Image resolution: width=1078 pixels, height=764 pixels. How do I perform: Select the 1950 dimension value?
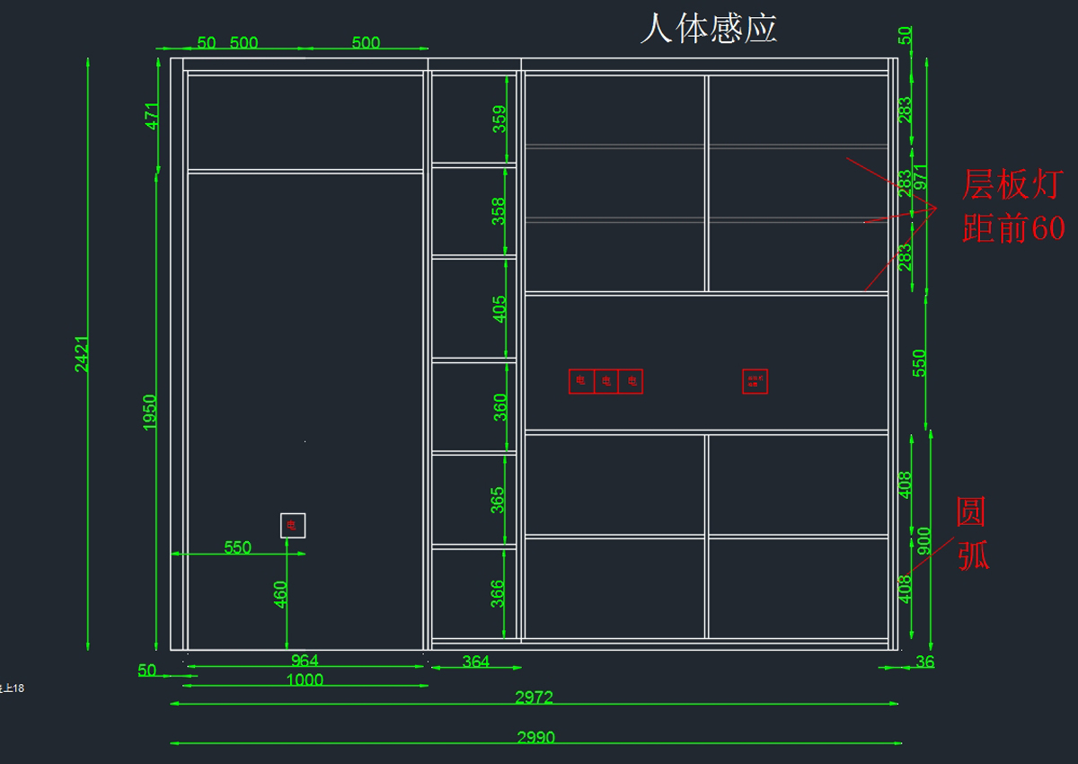coord(150,412)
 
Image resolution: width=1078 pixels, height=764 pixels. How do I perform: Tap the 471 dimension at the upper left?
coord(152,116)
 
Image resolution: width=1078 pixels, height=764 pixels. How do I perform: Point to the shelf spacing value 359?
coord(499,120)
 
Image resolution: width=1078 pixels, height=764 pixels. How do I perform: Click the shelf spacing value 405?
coord(499,308)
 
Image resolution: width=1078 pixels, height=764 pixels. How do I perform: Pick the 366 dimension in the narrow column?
coord(499,593)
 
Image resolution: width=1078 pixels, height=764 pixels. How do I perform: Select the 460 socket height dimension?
coord(280,594)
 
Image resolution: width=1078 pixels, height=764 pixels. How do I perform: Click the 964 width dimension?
coord(305,661)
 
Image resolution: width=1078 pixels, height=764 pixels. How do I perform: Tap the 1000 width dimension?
coord(305,680)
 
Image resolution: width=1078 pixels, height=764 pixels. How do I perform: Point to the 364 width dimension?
coord(475,662)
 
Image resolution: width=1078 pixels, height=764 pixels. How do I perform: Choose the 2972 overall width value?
coord(534,697)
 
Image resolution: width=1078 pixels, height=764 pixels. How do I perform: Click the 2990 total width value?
coord(535,738)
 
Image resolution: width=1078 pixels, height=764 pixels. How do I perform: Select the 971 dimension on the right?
coord(921,180)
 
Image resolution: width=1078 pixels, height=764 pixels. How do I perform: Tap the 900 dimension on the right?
coord(923,541)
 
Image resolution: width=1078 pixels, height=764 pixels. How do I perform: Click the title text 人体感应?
coord(708,29)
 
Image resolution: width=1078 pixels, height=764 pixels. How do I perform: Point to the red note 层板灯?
coord(1012,185)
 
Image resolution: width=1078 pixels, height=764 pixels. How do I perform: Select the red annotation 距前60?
coord(1013,229)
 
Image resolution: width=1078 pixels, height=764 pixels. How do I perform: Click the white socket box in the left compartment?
coord(293,525)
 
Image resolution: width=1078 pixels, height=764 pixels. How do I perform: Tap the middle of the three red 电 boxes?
coord(606,382)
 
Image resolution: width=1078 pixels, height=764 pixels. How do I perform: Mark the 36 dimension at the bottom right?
coord(924,662)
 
